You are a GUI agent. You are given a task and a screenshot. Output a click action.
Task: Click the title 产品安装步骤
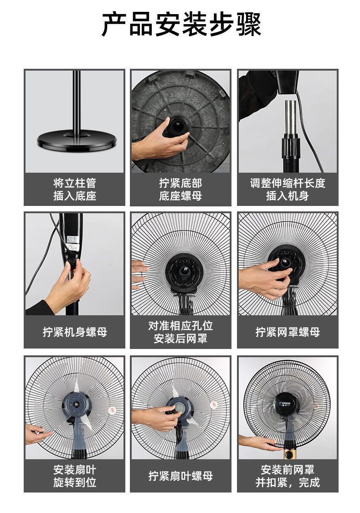[x=181, y=25]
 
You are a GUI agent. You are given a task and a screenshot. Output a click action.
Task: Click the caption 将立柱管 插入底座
[x=74, y=190]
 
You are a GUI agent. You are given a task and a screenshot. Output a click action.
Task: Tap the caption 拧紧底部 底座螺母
[x=180, y=190]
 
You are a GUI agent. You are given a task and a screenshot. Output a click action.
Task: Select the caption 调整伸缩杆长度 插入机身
[x=288, y=190]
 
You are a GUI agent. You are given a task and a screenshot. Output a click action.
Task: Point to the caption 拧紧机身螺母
[x=74, y=332]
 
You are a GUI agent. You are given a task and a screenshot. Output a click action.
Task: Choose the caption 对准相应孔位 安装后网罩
[x=180, y=332]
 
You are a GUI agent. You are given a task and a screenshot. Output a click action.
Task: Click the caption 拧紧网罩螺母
[x=288, y=332]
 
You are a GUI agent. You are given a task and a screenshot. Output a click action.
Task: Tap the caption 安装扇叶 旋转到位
[x=74, y=476]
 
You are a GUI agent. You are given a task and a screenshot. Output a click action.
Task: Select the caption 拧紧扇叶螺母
[x=180, y=476]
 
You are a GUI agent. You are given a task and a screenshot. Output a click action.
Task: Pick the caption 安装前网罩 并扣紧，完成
[x=288, y=476]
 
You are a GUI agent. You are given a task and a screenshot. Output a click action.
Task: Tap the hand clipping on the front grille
[x=257, y=442]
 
